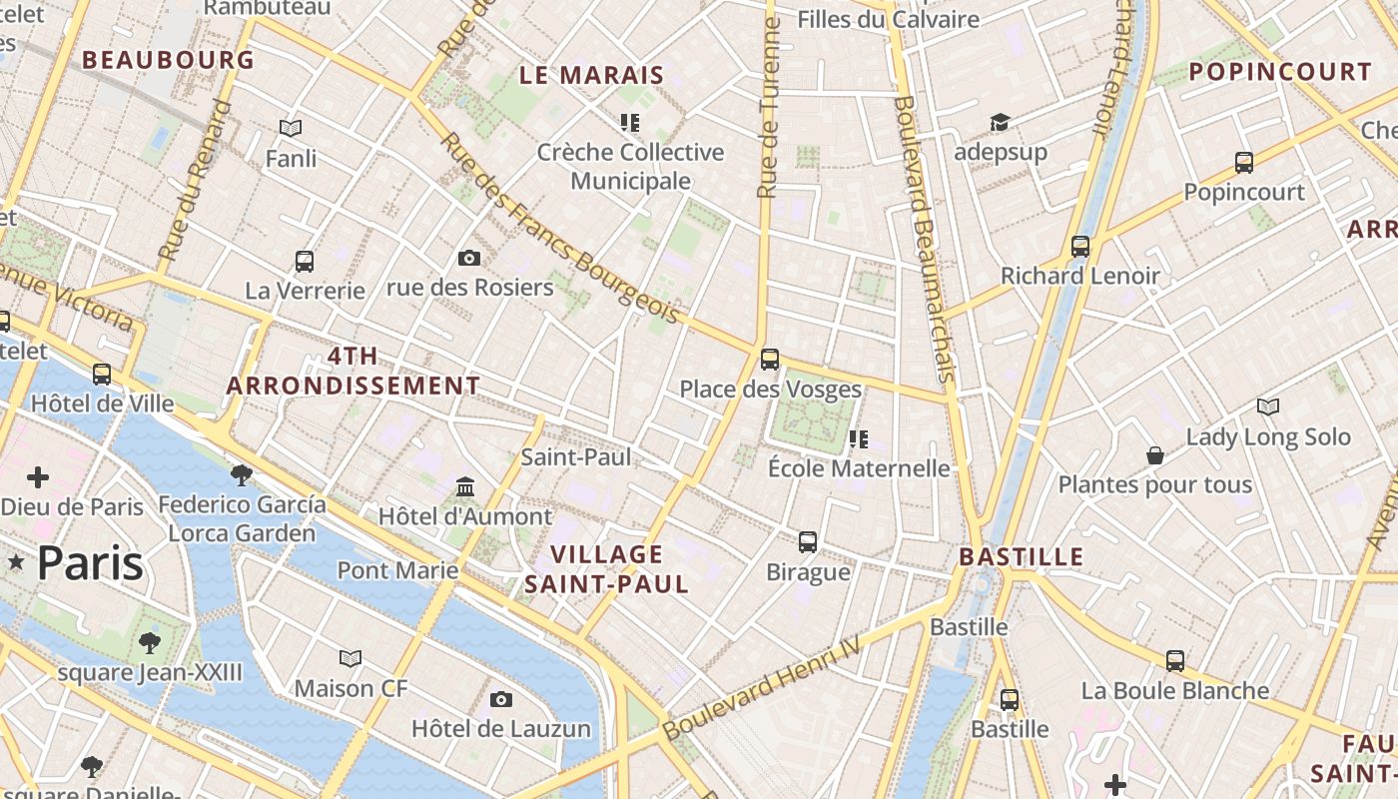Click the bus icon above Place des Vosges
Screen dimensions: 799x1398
[769, 360]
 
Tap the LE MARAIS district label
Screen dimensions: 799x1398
[592, 75]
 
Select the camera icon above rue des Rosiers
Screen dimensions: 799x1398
[468, 259]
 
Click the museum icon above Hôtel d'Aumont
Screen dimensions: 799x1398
[464, 487]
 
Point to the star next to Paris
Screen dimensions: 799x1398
[16, 563]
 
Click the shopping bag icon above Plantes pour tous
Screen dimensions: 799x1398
[1154, 455]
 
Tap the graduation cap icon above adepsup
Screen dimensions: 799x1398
[1000, 123]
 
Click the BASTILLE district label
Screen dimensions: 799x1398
[1021, 556]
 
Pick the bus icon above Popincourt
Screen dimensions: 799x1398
[1243, 163]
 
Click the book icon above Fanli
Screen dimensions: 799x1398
[291, 129]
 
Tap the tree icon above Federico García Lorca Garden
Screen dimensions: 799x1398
[241, 474]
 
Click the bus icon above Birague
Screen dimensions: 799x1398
[807, 542]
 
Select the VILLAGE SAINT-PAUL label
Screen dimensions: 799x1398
[606, 569]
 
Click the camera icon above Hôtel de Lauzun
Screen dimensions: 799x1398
[500, 699]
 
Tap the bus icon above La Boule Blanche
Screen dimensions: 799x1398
[1174, 661]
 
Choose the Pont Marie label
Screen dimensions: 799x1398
[397, 570]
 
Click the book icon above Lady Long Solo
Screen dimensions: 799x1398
[1267, 407]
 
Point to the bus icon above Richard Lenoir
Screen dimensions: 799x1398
[1079, 246]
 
